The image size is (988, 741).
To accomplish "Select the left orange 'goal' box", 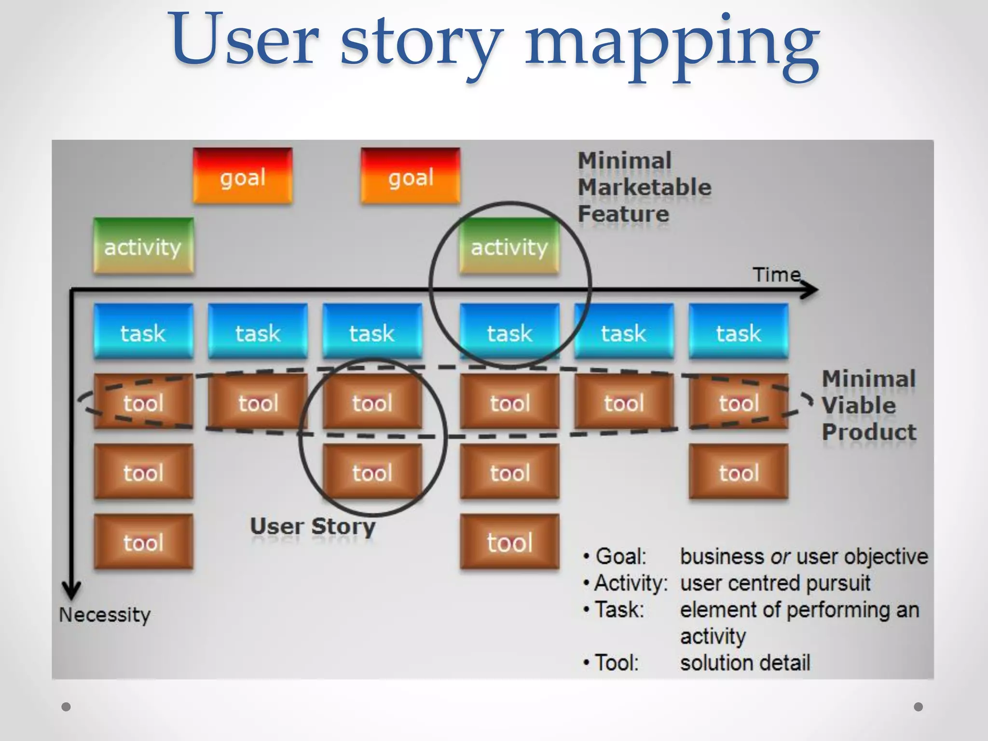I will pos(243,176).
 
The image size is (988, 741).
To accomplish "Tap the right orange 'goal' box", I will pos(411,176).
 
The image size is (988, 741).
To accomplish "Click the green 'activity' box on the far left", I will pos(143,247).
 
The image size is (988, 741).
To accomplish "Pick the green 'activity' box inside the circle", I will pos(509,247).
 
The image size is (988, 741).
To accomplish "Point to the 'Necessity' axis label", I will pos(105,615).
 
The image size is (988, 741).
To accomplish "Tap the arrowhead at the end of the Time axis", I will pos(810,289).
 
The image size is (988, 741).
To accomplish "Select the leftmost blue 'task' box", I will pos(143,332).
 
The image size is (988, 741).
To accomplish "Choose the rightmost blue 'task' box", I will pos(739,332).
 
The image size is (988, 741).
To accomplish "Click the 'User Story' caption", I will pos(313,527).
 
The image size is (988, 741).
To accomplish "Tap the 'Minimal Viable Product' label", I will pos(869,405).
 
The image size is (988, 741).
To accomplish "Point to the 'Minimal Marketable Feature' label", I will pos(644,187).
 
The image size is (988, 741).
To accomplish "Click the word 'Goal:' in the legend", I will pos(620,556).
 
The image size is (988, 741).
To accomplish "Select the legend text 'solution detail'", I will pos(745,662).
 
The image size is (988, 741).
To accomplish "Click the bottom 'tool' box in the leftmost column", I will pos(143,542).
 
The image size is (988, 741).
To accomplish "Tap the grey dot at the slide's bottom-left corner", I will pos(66,707).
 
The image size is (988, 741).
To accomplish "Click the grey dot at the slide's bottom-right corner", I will pos(919,707).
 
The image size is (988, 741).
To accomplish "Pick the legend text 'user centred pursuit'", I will pos(775,583).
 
